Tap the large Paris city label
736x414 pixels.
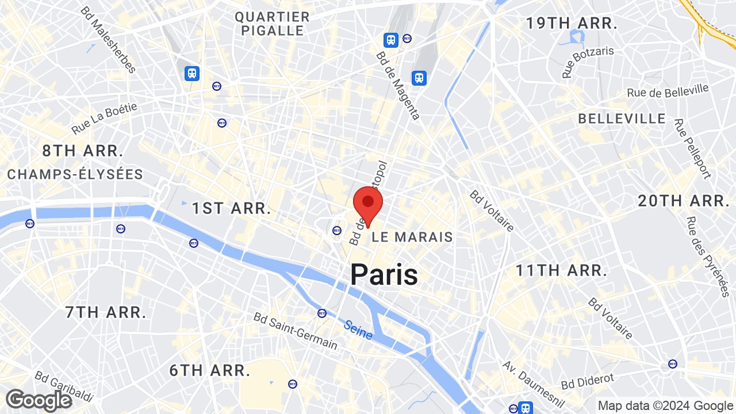click(384, 274)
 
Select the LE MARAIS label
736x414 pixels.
click(412, 237)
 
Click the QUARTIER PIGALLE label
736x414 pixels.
click(272, 24)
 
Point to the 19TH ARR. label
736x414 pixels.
click(572, 24)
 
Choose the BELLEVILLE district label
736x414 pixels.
click(622, 119)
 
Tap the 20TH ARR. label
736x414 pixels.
click(683, 201)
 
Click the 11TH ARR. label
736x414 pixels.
click(561, 270)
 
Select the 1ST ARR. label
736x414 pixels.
click(231, 208)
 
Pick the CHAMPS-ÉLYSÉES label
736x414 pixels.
click(75, 174)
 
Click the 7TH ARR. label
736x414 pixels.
click(105, 312)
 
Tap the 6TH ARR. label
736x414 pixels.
click(209, 370)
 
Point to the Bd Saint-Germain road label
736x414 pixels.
click(296, 331)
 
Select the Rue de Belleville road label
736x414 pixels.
click(668, 91)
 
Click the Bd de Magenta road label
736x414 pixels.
click(398, 86)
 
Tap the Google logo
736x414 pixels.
click(39, 400)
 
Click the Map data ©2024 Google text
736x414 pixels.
click(665, 406)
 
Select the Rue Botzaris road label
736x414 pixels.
click(588, 62)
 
